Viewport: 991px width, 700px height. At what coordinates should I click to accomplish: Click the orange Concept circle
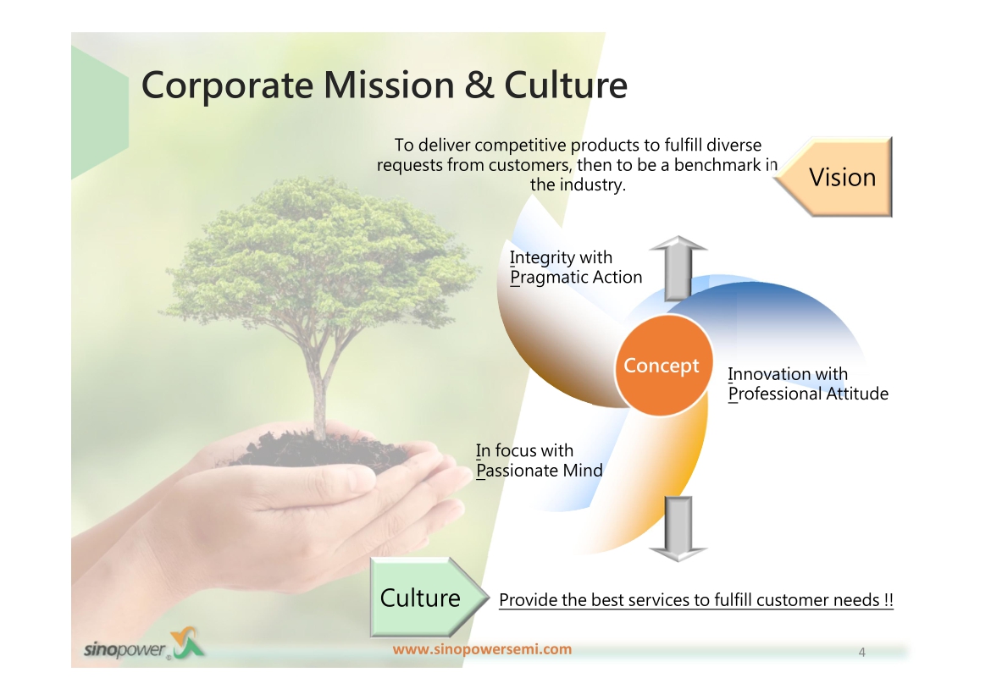[663, 365]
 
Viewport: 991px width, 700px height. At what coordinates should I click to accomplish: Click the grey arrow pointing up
[678, 267]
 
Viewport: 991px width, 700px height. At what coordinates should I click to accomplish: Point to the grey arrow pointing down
[678, 528]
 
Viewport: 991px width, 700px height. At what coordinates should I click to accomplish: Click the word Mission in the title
[389, 85]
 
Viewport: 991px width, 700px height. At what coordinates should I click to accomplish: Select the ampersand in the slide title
[479, 85]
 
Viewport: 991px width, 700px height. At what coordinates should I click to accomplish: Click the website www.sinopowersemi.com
[482, 649]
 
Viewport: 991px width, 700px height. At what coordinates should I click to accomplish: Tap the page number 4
[862, 653]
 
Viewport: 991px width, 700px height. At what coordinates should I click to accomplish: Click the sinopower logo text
[125, 649]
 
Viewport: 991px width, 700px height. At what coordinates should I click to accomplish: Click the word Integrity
[541, 258]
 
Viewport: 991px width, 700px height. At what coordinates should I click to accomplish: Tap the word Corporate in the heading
[227, 86]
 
